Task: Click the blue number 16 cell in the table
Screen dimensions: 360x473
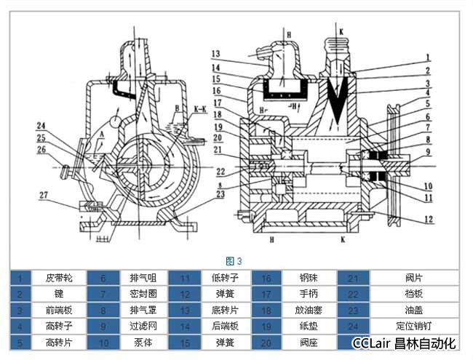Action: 266,277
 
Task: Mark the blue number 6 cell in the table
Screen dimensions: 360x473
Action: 103,277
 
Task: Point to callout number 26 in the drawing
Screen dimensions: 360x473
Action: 41,150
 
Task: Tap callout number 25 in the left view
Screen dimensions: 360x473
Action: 41,137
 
